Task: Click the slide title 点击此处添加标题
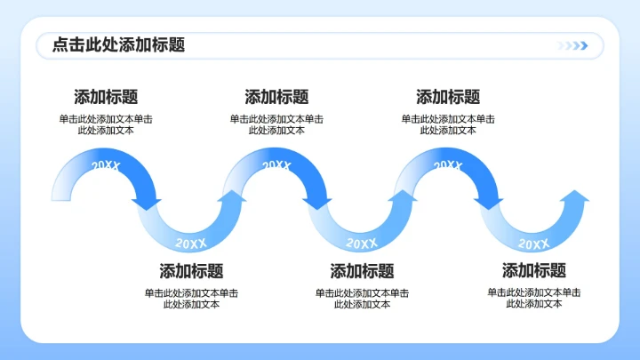click(x=118, y=45)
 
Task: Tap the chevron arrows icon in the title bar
click(x=572, y=46)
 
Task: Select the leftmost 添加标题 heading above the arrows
click(x=106, y=98)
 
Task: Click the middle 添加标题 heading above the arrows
click(x=276, y=98)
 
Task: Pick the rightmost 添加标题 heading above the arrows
click(x=448, y=98)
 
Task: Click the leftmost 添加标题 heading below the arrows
click(x=191, y=271)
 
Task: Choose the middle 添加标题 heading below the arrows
click(x=362, y=271)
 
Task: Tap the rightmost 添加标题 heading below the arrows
click(x=533, y=271)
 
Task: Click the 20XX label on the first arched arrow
click(x=106, y=165)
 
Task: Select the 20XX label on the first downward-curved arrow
click(x=191, y=243)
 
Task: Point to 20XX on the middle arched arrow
click(x=276, y=165)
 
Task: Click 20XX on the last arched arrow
click(x=448, y=165)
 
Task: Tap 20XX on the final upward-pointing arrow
click(x=533, y=243)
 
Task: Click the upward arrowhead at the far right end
click(x=575, y=196)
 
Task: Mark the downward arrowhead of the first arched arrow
click(x=148, y=204)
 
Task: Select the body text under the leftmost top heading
click(x=106, y=124)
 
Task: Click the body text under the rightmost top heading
click(x=448, y=124)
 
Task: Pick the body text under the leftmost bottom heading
click(x=191, y=298)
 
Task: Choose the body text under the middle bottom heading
click(x=362, y=298)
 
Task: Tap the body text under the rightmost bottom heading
click(x=533, y=298)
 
